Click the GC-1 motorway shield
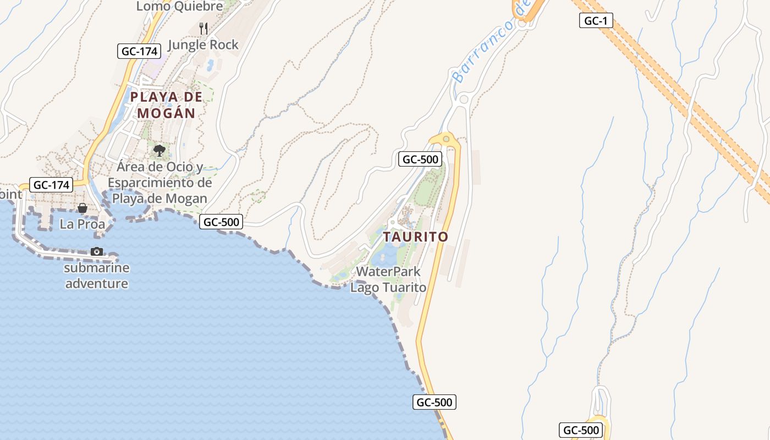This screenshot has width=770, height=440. pyautogui.click(x=596, y=21)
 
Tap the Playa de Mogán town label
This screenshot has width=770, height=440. pyautogui.click(x=166, y=105)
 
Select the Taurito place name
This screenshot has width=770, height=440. pyautogui.click(x=415, y=237)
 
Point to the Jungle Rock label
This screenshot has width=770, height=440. pyautogui.click(x=203, y=45)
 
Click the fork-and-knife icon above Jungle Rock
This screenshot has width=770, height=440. pyautogui.click(x=204, y=28)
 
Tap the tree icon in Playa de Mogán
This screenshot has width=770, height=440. pyautogui.click(x=159, y=150)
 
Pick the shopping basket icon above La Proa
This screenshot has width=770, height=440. pyautogui.click(x=82, y=208)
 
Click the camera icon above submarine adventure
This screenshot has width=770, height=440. pyautogui.click(x=97, y=251)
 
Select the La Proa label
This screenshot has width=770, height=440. pyautogui.click(x=82, y=224)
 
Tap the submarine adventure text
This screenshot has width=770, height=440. pyautogui.click(x=97, y=276)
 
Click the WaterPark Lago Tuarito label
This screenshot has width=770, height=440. pyautogui.click(x=388, y=279)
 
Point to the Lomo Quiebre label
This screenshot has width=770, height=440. pyautogui.click(x=179, y=7)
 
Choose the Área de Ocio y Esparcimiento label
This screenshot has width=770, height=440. pyautogui.click(x=159, y=182)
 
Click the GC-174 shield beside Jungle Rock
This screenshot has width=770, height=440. pyautogui.click(x=139, y=51)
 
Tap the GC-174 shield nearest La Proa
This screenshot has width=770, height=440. pyautogui.click(x=51, y=185)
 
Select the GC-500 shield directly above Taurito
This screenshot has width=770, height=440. pyautogui.click(x=421, y=159)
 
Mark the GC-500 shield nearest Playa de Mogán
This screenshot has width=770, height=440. pyautogui.click(x=221, y=222)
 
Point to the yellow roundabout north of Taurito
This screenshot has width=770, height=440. pyautogui.click(x=446, y=139)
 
